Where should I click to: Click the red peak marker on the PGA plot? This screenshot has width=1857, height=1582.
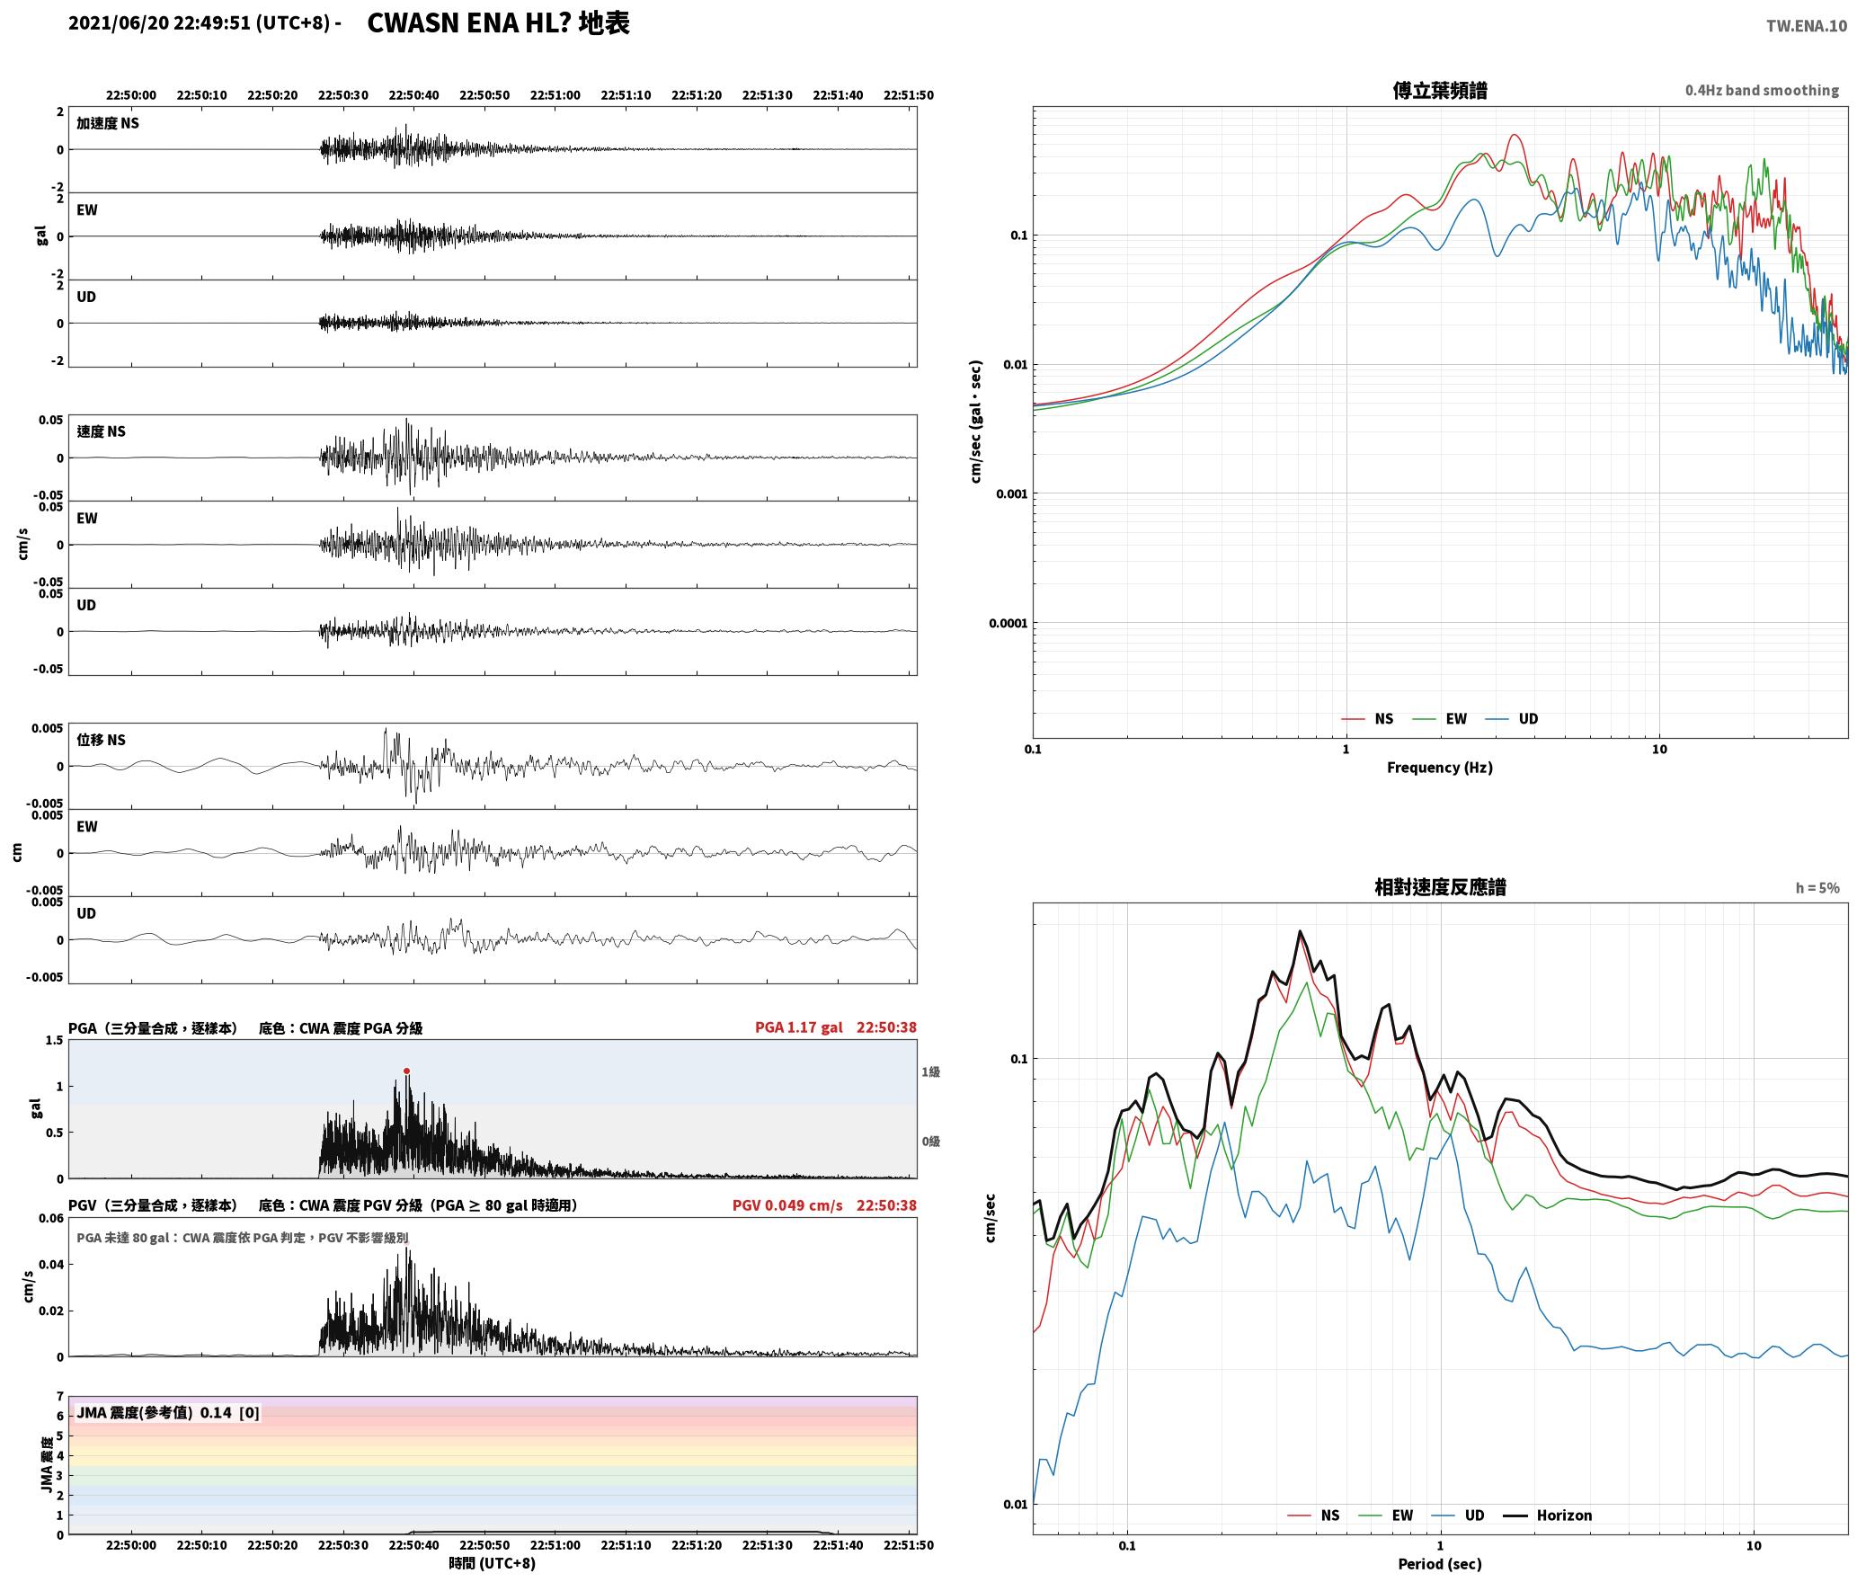pyautogui.click(x=406, y=1071)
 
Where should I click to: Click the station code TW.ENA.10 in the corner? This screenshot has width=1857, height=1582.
pyautogui.click(x=1807, y=26)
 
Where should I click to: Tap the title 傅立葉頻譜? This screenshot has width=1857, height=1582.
pyautogui.click(x=1440, y=91)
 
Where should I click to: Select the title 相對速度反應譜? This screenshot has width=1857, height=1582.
pyautogui.click(x=1440, y=887)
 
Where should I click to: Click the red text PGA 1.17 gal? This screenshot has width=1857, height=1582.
pyautogui.click(x=799, y=1027)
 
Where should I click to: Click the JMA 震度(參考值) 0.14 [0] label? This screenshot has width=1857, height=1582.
pyautogui.click(x=168, y=1412)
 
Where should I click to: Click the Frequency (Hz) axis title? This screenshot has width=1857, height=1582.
pyautogui.click(x=1440, y=768)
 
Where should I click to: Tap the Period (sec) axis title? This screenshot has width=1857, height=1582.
pyautogui.click(x=1440, y=1564)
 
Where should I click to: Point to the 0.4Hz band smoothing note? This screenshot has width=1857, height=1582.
pyautogui.click(x=1762, y=91)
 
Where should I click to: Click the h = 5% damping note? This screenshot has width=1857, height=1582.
pyautogui.click(x=1817, y=888)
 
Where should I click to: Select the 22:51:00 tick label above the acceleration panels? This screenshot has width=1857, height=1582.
pyautogui.click(x=555, y=95)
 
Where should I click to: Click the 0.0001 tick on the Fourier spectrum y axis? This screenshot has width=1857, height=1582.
pyautogui.click(x=1008, y=623)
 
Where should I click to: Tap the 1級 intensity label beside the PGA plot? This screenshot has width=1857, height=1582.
pyautogui.click(x=930, y=1071)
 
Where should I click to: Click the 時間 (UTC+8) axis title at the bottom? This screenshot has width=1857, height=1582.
pyautogui.click(x=492, y=1563)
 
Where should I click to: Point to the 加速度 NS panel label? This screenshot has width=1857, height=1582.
pyautogui.click(x=108, y=123)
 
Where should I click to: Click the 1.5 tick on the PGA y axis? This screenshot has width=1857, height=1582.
pyautogui.click(x=55, y=1040)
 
